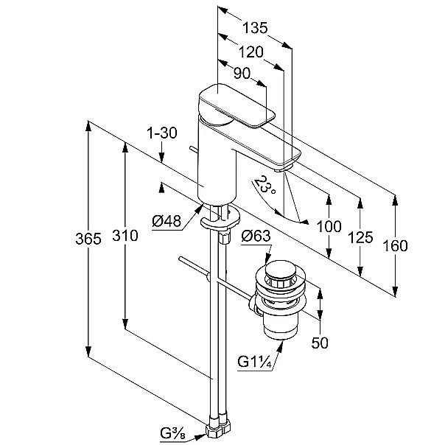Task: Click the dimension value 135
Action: click(256, 29)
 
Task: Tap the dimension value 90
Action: click(242, 74)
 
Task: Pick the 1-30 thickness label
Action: click(162, 133)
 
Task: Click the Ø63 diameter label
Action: click(255, 236)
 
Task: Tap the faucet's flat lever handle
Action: click(236, 107)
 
